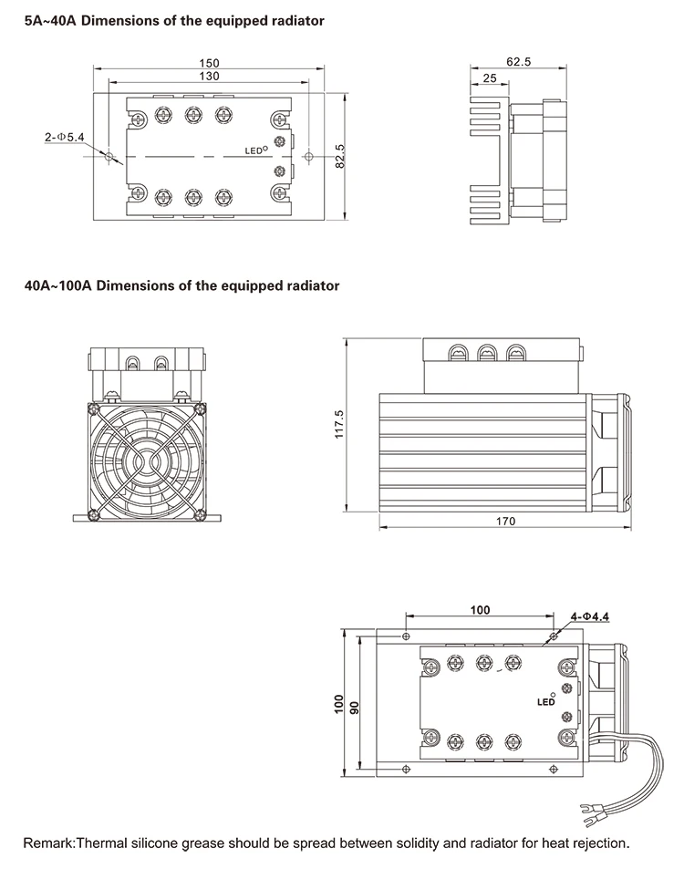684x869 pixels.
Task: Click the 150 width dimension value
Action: coord(210,63)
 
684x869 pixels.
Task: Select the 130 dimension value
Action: coord(210,77)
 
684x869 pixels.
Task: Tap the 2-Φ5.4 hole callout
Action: coord(64,137)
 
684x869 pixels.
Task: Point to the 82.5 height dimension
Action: coord(340,156)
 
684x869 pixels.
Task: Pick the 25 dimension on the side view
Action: coord(490,78)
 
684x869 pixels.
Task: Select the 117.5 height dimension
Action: coord(339,426)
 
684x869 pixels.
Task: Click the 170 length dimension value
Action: coord(506,522)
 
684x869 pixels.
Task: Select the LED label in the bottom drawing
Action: coord(545,702)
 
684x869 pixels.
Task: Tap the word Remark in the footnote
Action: coord(47,843)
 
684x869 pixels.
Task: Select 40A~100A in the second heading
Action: coord(57,285)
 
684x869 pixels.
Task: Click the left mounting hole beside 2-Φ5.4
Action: coord(109,157)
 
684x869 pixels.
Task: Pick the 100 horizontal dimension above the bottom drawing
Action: coord(481,609)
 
